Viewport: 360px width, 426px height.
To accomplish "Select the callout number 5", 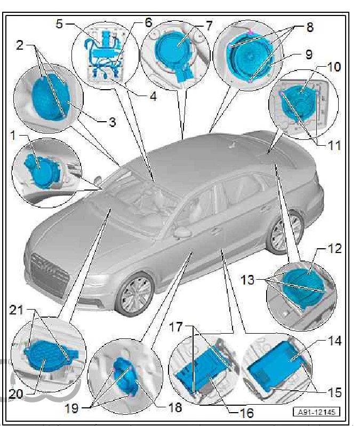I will pyautogui.click(x=59, y=24).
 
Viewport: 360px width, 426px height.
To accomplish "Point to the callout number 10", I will pyautogui.click(x=334, y=67).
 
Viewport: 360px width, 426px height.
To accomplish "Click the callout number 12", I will pyautogui.click(x=334, y=249).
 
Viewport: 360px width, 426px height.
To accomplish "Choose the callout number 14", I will pyautogui.click(x=335, y=340).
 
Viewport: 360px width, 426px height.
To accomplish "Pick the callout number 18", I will pyautogui.click(x=174, y=408).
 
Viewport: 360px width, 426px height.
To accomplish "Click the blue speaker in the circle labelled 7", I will pyautogui.click(x=174, y=52).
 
